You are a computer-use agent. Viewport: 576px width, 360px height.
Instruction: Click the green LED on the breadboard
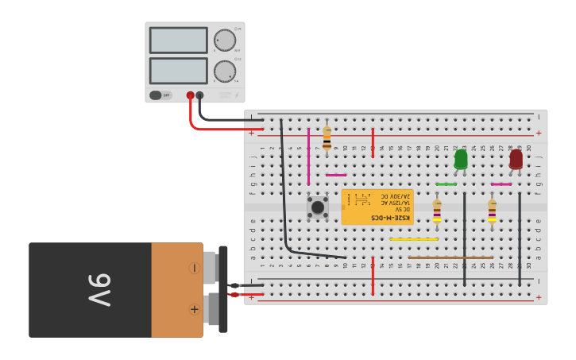tap(461, 160)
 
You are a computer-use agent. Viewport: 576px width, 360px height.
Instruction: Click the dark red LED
tap(516, 159)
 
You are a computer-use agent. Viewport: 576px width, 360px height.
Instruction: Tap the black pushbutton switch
tap(318, 207)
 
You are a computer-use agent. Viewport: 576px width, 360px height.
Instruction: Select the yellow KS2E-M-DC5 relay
tap(377, 207)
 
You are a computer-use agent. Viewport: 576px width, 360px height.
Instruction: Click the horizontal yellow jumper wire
tap(414, 238)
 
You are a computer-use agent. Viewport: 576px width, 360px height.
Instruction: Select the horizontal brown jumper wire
tap(450, 257)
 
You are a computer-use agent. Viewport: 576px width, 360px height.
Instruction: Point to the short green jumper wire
tap(446, 184)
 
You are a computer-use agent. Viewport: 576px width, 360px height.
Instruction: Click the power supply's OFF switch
tap(160, 95)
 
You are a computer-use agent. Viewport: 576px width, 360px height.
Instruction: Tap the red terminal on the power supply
tap(190, 95)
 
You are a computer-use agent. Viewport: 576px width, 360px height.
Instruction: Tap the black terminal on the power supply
tap(199, 95)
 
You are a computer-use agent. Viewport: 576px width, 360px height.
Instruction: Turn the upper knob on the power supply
tap(225, 41)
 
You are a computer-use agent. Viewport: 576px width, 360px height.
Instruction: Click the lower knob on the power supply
tap(225, 72)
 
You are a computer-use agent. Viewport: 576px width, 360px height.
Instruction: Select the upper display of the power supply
tap(178, 41)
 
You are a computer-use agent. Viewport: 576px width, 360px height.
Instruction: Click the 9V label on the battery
tap(99, 290)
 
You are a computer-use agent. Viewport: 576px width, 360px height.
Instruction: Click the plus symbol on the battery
tap(194, 309)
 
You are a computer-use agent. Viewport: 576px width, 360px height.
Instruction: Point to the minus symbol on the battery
tap(194, 268)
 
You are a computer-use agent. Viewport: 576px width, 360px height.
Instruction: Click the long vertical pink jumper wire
tap(308, 155)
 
